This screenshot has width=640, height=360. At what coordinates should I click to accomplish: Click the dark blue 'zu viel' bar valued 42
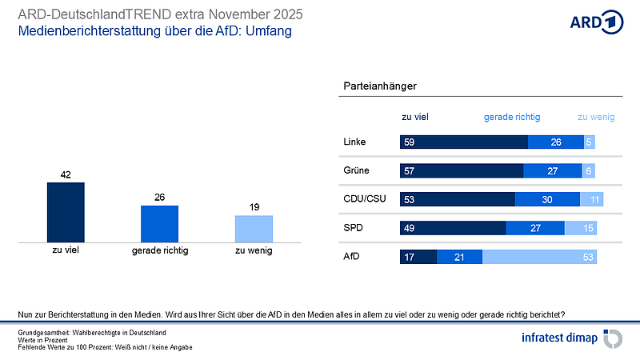[x=66, y=212]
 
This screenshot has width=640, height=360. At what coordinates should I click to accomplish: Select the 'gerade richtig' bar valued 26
[x=159, y=223]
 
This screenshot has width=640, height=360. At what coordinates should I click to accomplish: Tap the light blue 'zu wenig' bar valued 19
[x=254, y=228]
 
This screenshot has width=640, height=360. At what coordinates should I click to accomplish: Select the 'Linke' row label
[x=354, y=142]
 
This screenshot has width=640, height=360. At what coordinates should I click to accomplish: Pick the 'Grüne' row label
[x=355, y=171]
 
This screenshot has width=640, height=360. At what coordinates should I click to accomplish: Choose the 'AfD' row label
[x=351, y=257]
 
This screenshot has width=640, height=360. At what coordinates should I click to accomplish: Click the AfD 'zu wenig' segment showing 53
[x=540, y=257]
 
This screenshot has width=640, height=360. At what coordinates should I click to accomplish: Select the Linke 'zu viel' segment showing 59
[x=464, y=142]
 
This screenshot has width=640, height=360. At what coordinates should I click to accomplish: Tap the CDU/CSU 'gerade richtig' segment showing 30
[x=547, y=199]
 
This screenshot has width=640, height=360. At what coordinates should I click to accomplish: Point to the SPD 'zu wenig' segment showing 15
[x=581, y=228]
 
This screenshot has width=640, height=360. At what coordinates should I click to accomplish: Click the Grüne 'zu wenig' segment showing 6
[x=589, y=171]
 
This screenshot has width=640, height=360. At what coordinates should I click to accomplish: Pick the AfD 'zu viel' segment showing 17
[x=418, y=257]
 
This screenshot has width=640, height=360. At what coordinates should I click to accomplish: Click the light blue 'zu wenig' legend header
[x=595, y=117]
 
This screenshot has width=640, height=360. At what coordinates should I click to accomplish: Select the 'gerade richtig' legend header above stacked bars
[x=512, y=117]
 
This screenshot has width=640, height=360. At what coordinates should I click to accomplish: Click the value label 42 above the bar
[x=66, y=174]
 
